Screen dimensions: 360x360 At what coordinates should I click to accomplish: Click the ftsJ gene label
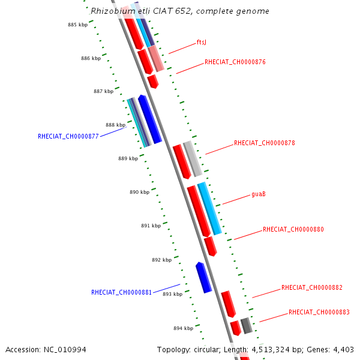pyautogui.click(x=202, y=43)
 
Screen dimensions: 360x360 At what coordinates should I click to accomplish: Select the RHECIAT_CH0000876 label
pyautogui.click(x=235, y=62)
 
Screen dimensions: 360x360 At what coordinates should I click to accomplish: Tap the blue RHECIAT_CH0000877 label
pyautogui.click(x=68, y=136)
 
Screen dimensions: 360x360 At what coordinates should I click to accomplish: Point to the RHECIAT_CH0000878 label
pyautogui.click(x=264, y=143)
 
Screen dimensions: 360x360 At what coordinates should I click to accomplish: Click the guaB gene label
pyautogui.click(x=259, y=195)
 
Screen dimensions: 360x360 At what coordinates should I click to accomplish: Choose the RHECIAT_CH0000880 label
pyautogui.click(x=293, y=230)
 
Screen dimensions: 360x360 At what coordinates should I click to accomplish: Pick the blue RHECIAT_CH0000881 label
pyautogui.click(x=121, y=293)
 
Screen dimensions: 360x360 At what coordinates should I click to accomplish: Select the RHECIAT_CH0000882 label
pyautogui.click(x=311, y=288)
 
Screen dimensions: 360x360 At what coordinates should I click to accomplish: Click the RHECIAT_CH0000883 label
pyautogui.click(x=319, y=313)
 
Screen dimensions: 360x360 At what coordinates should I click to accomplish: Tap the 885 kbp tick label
pyautogui.click(x=77, y=25)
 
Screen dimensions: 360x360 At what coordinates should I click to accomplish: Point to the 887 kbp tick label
pyautogui.click(x=103, y=92)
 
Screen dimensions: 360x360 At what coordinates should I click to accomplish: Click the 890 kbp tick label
pyautogui.click(x=139, y=193)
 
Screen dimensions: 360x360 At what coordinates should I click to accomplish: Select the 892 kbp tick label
pyautogui.click(x=161, y=260)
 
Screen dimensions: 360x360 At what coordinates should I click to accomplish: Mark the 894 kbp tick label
pyautogui.click(x=183, y=329)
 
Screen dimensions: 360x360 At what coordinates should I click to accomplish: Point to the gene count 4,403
pyautogui.click(x=343, y=349)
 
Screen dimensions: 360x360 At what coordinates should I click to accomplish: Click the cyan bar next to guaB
pyautogui.click(x=209, y=208)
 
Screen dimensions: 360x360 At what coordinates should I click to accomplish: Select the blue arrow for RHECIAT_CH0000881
pyautogui.click(x=203, y=277)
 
